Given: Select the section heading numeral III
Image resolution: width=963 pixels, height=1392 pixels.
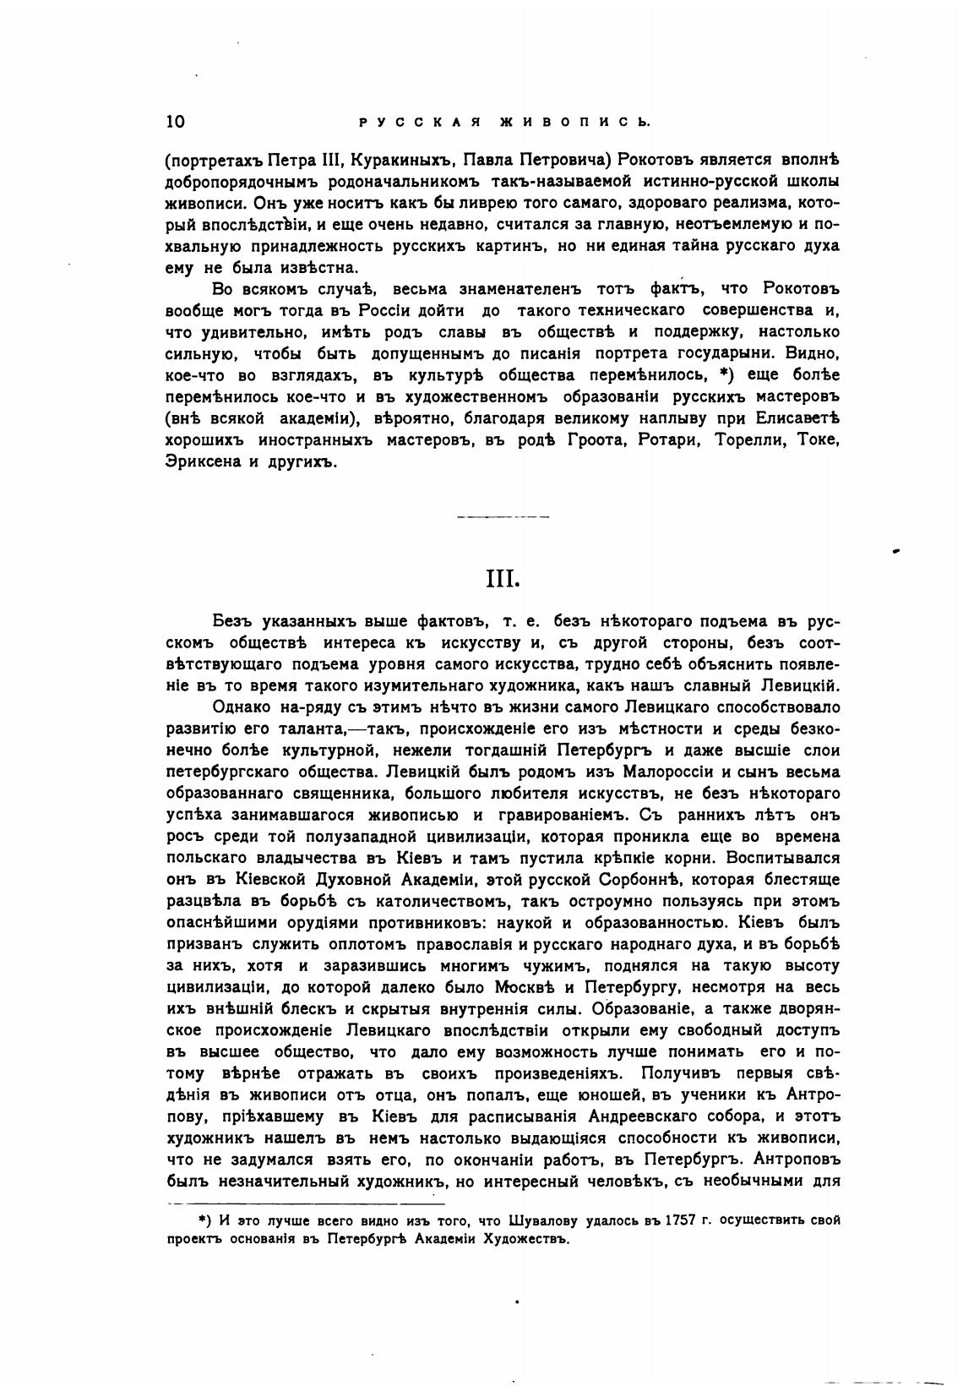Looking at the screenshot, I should click(x=503, y=580).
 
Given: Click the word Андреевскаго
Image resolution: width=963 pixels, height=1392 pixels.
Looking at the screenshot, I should click(x=639, y=1116).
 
